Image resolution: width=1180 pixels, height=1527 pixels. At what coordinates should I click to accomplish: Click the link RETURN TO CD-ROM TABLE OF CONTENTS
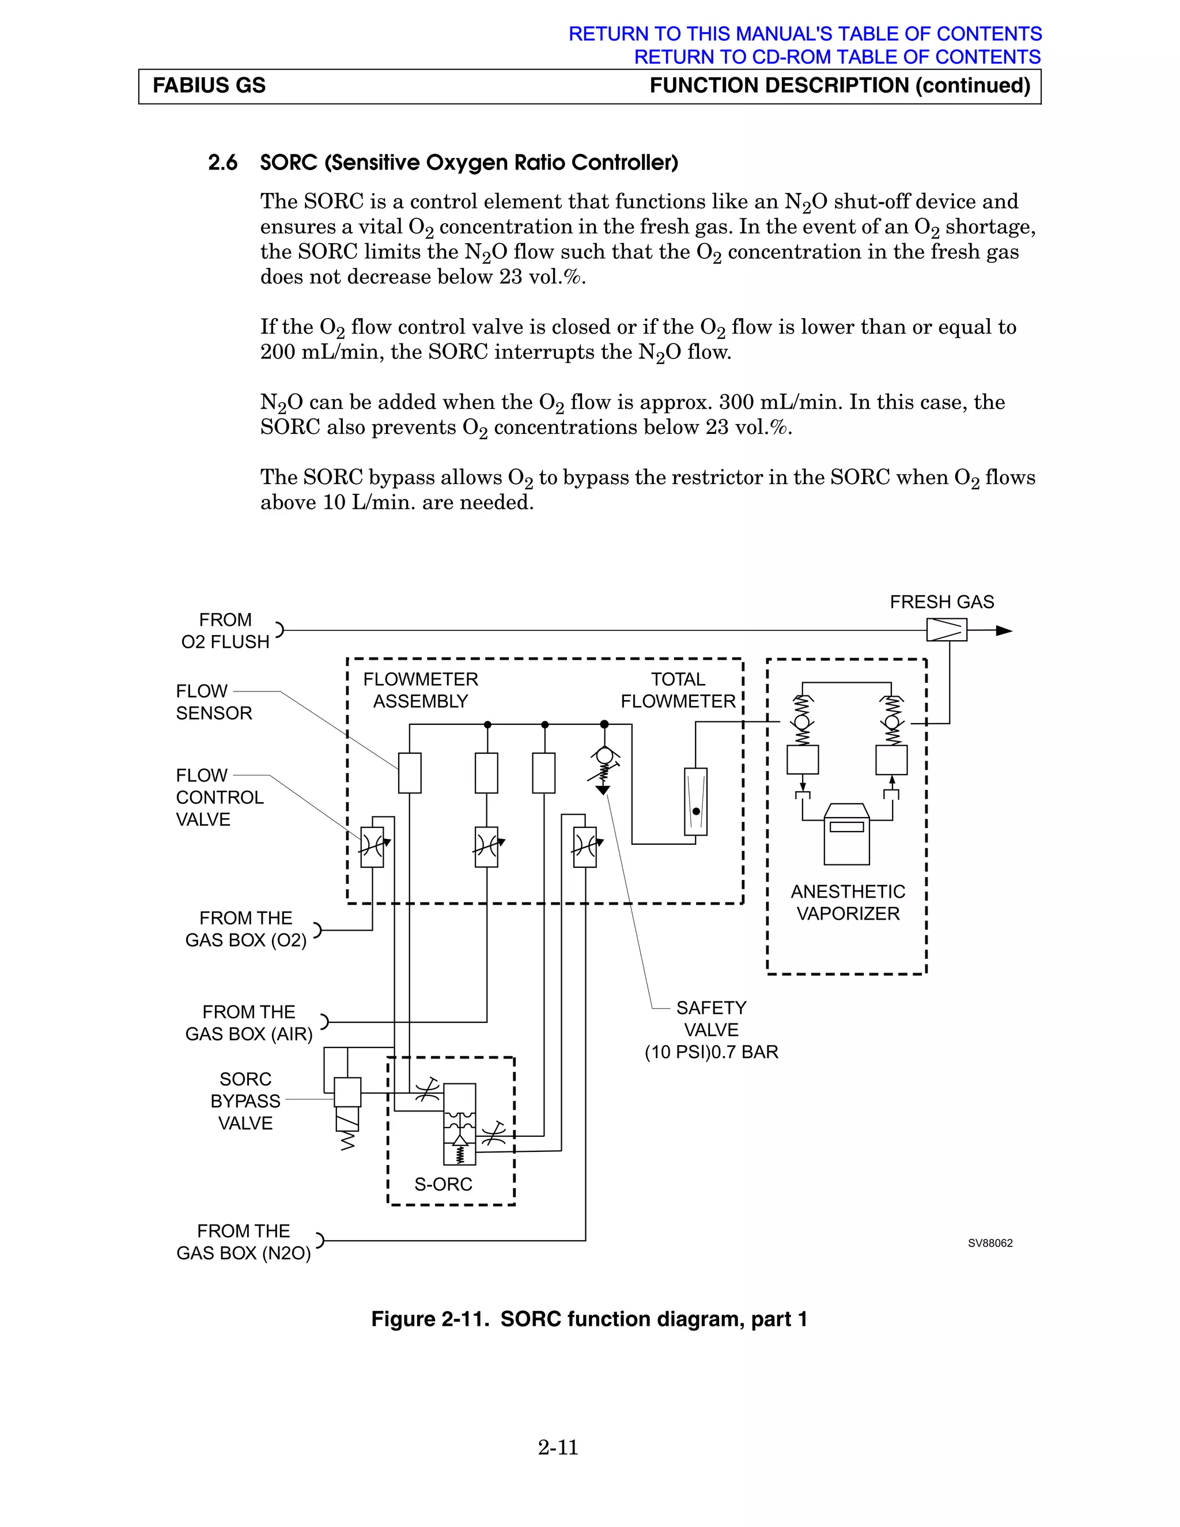click(x=837, y=56)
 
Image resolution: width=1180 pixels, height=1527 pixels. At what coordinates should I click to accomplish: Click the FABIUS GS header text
click(x=209, y=86)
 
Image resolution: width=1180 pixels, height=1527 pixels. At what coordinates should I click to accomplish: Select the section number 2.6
click(x=222, y=163)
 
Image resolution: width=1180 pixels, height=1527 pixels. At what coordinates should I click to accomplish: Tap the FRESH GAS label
click(x=941, y=602)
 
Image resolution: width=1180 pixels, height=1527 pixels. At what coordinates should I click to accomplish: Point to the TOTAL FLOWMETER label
click(x=678, y=690)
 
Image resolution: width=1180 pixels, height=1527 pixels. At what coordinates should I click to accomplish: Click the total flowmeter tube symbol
click(x=695, y=802)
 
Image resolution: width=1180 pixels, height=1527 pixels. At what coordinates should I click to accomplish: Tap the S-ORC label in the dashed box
click(x=443, y=1184)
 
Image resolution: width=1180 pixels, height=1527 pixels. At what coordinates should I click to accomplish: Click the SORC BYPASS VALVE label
click(x=245, y=1101)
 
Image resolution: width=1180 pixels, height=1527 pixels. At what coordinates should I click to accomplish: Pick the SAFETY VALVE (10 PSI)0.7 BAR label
click(x=711, y=1029)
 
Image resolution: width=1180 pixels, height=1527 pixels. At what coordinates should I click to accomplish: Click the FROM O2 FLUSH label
click(x=225, y=630)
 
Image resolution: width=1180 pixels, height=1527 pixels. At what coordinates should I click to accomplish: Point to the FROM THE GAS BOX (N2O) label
click(x=243, y=1241)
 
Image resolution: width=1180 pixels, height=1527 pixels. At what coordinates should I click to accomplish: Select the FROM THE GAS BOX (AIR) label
click(x=249, y=1022)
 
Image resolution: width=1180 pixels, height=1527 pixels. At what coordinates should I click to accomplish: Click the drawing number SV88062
click(x=990, y=1242)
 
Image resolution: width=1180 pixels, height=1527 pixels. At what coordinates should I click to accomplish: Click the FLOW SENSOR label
click(x=213, y=702)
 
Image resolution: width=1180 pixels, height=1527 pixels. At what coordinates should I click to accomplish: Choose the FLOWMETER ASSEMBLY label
click(x=420, y=690)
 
